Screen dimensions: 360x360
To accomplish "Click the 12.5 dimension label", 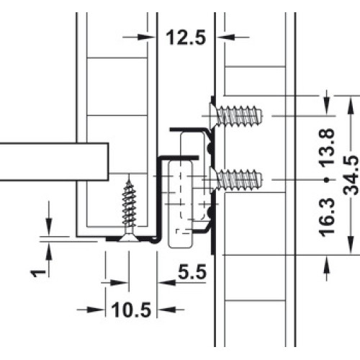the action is coord(186,37).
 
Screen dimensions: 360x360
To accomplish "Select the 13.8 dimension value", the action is coord(327,147).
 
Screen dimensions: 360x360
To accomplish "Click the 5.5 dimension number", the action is coord(192,272).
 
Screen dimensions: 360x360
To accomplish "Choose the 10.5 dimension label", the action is coord(131,310).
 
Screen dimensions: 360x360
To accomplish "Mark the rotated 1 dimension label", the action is coord(38,273).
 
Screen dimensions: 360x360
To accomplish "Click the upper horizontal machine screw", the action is coord(235,116).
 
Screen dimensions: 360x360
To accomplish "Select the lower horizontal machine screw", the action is coord(235,180).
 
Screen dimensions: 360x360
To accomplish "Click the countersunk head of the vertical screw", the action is coord(129,238).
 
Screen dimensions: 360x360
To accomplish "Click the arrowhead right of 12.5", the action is coord(225,37).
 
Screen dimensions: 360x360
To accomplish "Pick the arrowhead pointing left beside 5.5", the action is coord(168,282).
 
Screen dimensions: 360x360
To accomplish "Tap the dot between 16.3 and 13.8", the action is coord(326,179).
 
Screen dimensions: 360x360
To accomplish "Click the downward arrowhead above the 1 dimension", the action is coord(49,226).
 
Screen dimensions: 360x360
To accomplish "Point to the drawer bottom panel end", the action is coord(108,161).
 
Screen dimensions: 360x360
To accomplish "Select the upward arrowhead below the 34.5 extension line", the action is coord(326,264).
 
